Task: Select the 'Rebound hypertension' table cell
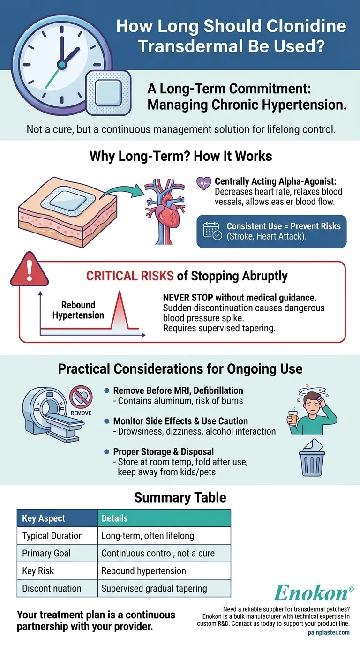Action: pyautogui.click(x=144, y=570)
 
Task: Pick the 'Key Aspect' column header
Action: pyautogui.click(x=44, y=518)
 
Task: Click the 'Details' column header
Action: pyautogui.click(x=115, y=518)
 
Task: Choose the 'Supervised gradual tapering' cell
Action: pyautogui.click(x=154, y=588)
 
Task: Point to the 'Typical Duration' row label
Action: pyautogui.click(x=52, y=535)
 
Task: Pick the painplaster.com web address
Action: pyautogui.click(x=328, y=632)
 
